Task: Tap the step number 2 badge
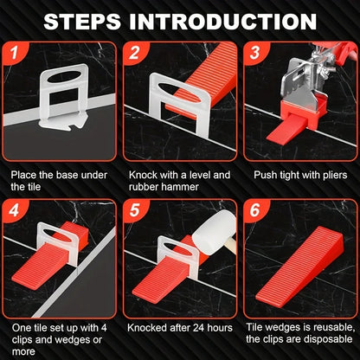coord(135,55)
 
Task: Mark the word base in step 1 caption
coord(72,173)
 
